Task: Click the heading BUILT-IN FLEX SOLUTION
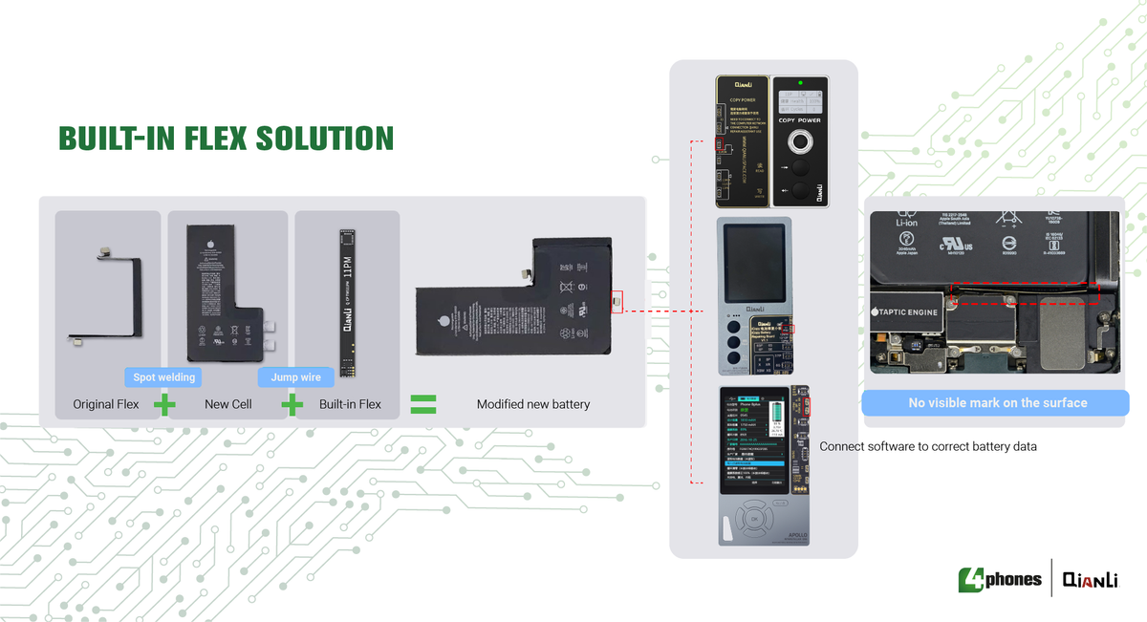(x=226, y=139)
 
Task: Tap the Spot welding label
(x=163, y=377)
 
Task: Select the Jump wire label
(x=295, y=377)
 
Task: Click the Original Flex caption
(x=106, y=404)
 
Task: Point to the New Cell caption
(x=228, y=404)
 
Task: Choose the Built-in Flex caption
(x=350, y=404)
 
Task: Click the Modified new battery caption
(x=532, y=404)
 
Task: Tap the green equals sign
(x=422, y=403)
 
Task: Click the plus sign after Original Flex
(x=164, y=404)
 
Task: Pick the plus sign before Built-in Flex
(x=292, y=404)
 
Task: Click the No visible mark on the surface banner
(x=997, y=403)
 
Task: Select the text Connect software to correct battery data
(x=928, y=446)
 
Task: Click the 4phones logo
(x=1000, y=579)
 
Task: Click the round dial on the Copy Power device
(x=800, y=143)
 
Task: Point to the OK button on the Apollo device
(x=754, y=518)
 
